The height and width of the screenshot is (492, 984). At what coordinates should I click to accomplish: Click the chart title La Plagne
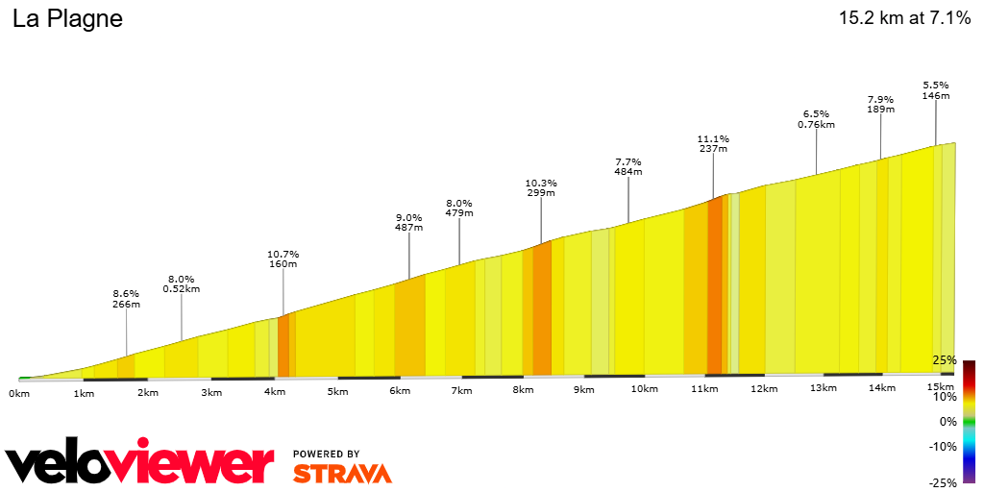pos(67,19)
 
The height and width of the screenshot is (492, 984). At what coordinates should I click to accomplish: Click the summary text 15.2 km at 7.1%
pos(904,18)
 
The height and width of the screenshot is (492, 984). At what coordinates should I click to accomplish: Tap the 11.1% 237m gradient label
pos(713,143)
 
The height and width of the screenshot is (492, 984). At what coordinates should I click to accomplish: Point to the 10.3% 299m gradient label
pos(541,187)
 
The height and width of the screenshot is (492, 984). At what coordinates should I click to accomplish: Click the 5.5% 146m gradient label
pos(936,89)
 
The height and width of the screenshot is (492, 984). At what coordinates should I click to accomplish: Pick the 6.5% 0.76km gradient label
pos(816,118)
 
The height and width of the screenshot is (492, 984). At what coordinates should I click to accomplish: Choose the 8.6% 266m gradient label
pos(126,298)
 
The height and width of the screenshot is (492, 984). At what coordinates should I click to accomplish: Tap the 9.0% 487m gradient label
pos(409,222)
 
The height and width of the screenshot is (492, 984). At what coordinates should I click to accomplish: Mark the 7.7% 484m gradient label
pos(628,166)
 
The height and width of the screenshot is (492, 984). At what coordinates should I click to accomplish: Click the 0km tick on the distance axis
pos(18,393)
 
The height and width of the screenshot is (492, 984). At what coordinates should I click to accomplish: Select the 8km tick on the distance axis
pos(523,390)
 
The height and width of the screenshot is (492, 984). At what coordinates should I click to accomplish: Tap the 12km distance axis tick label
pos(764,388)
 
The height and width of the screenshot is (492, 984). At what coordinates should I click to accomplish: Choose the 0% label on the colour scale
pos(947,421)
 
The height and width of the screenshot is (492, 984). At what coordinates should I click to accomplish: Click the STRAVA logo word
pos(342,473)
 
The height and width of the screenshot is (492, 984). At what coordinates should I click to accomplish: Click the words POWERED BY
pos(327,454)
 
